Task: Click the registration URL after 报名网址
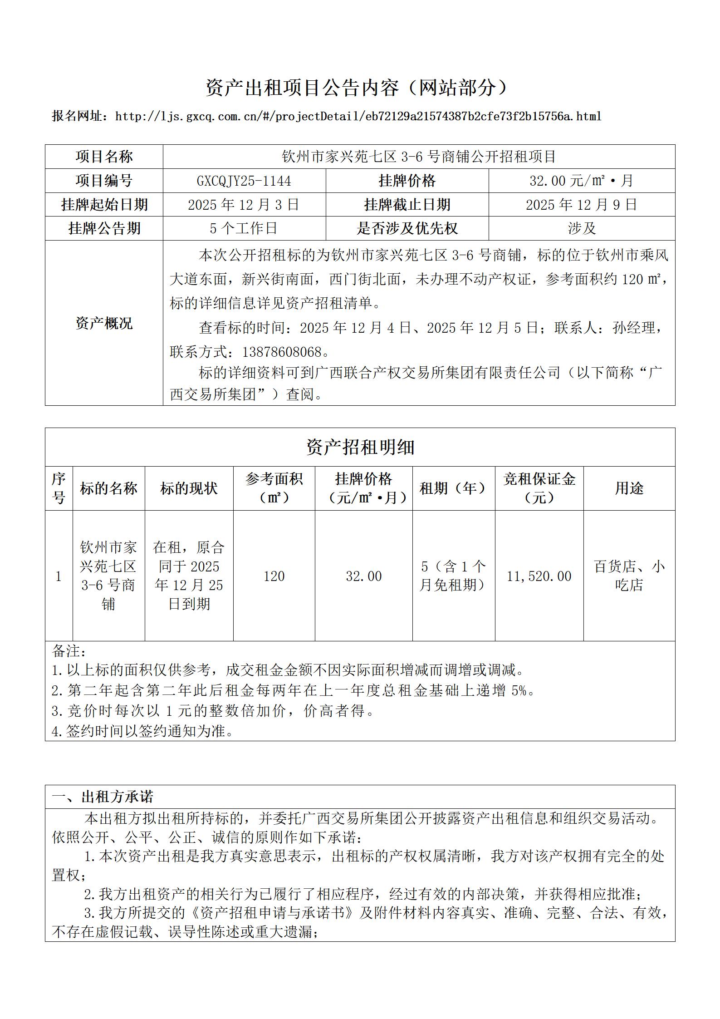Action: [358, 117]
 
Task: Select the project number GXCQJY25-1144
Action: [244, 181]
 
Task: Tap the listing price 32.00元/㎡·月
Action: [581, 181]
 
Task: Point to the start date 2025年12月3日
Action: [244, 205]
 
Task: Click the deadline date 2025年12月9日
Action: [581, 205]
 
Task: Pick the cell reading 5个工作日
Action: [244, 228]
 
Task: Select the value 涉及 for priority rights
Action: [581, 228]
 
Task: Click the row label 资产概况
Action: [104, 323]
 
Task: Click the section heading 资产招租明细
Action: [360, 447]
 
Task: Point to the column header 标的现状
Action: [189, 488]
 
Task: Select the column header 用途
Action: [629, 488]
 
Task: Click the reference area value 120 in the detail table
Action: [274, 576]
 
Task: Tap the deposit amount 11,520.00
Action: [539, 576]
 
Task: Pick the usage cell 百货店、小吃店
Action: [629, 576]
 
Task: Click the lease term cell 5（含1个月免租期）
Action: [453, 576]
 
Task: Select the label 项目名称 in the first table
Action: [104, 157]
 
